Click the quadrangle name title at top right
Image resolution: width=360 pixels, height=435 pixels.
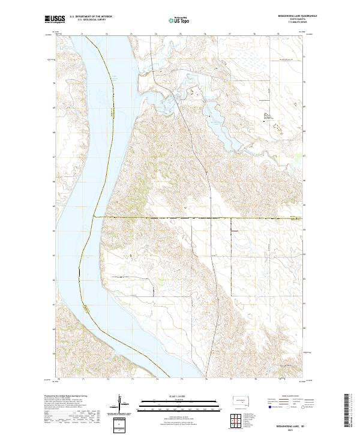pos(293,16)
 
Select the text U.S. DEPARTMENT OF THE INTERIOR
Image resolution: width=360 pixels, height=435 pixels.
pos(91,16)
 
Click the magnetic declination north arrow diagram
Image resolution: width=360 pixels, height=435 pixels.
pos(119,403)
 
